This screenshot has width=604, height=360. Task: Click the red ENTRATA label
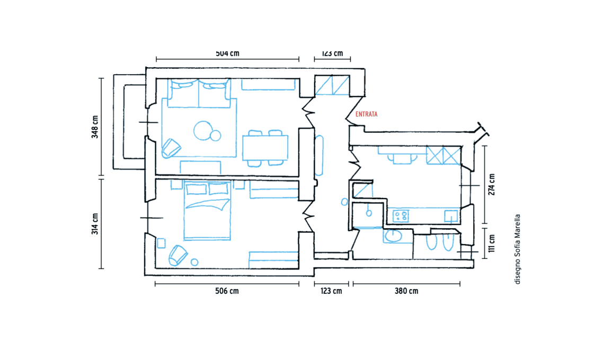[x=366, y=114]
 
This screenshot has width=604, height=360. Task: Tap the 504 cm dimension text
[x=227, y=53]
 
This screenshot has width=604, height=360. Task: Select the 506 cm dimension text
[x=227, y=291]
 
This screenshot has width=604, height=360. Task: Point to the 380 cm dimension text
[x=406, y=291]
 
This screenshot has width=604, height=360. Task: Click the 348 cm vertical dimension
[x=95, y=127]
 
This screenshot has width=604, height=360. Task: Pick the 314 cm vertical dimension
[x=95, y=224]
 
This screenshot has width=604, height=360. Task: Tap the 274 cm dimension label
[x=492, y=184]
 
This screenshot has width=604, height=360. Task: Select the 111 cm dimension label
[x=492, y=244]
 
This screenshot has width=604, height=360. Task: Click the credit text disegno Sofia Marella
[x=517, y=249]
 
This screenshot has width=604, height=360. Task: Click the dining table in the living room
[x=265, y=148]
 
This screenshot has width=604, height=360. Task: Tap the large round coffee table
[x=202, y=131]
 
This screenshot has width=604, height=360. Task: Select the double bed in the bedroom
[x=207, y=210]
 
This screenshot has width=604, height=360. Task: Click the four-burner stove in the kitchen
[x=401, y=215]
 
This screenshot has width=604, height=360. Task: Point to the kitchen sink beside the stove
[x=451, y=216]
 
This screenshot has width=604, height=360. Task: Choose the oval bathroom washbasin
[x=393, y=236]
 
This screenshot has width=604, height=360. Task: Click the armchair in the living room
[x=171, y=148]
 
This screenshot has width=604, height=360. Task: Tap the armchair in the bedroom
[x=177, y=255]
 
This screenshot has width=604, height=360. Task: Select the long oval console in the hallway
[x=319, y=156]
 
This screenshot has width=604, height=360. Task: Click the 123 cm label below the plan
[x=331, y=291]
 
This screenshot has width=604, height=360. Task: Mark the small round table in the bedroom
[x=194, y=262]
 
